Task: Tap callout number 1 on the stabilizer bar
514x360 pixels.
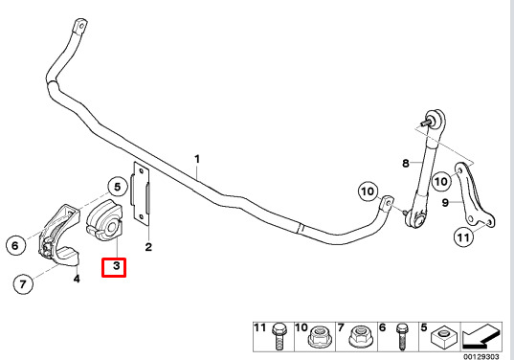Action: [x=197, y=160]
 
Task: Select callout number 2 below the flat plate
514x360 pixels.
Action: [x=148, y=247]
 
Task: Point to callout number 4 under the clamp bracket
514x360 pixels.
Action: [x=78, y=279]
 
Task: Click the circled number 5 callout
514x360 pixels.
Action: [x=115, y=188]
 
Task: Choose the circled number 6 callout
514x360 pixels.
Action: [x=15, y=246]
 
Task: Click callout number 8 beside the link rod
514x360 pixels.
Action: [x=405, y=164]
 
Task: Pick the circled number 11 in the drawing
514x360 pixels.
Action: [x=463, y=236]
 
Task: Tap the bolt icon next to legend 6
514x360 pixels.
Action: [x=400, y=336]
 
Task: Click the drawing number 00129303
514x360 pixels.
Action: [x=481, y=355]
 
